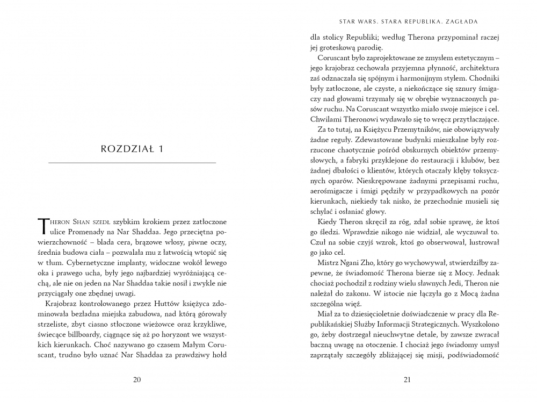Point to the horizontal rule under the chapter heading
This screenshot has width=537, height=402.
[x=132, y=162]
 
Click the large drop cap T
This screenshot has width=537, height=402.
[x=44, y=227]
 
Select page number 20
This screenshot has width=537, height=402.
[x=136, y=381]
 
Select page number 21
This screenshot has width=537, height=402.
[x=406, y=381]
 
